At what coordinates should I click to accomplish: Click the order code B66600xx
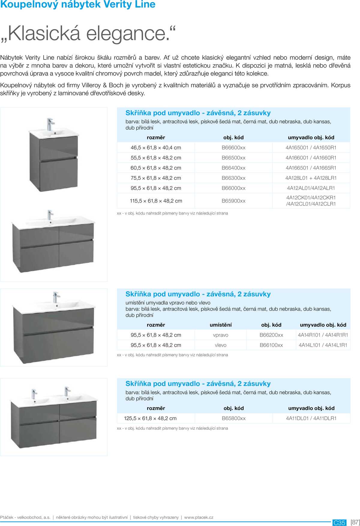(233, 148)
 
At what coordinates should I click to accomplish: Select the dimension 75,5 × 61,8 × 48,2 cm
(156, 178)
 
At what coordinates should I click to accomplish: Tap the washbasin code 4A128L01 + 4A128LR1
(311, 178)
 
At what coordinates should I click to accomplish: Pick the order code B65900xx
(233, 201)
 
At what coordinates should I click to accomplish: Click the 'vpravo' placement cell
(220, 335)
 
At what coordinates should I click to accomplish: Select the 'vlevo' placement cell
(220, 345)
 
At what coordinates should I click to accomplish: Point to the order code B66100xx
(271, 345)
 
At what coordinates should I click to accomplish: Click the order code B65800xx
(234, 419)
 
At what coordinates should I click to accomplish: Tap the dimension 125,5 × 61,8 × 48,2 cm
(150, 419)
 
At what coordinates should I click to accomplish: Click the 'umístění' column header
(220, 325)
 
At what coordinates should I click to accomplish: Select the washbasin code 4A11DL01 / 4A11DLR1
(311, 419)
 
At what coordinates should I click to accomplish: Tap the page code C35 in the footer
(339, 523)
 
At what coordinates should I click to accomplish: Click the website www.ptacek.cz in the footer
(199, 517)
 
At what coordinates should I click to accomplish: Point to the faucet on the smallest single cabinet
(50, 124)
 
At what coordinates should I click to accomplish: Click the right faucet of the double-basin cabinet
(67, 392)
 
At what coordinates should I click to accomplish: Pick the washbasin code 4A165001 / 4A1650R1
(311, 148)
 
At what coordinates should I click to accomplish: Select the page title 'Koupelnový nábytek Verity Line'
(78, 5)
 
